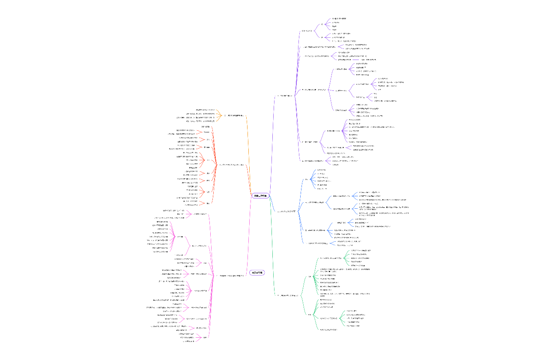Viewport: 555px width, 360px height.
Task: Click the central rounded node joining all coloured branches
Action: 260,195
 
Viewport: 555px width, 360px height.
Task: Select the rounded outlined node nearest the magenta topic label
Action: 257,273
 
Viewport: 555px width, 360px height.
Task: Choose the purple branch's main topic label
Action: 286,96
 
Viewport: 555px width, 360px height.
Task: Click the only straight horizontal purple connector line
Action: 355,60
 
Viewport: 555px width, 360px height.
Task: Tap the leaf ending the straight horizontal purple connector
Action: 368,60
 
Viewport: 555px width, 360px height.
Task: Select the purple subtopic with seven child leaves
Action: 333,131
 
